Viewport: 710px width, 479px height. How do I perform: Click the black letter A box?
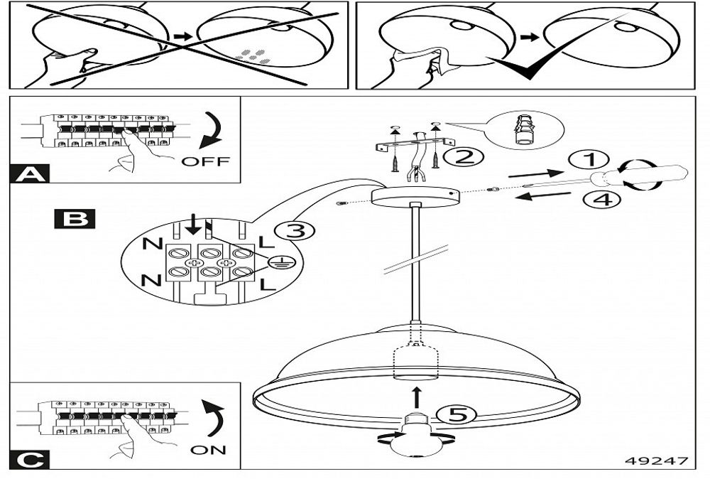pos(30,174)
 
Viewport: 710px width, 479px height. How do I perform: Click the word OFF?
pos(205,161)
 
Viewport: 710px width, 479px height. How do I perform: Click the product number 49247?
pos(656,461)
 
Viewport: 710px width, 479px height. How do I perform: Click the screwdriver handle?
pos(653,176)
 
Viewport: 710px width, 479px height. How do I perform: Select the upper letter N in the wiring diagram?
pos(151,244)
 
